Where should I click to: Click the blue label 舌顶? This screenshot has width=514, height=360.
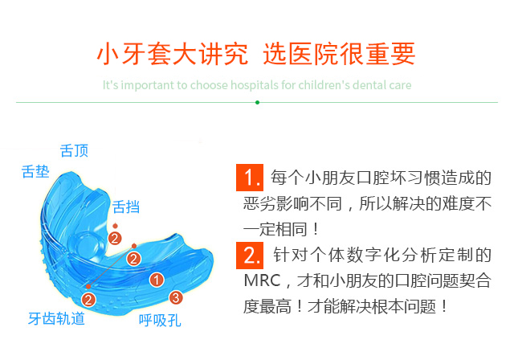coord(74,151)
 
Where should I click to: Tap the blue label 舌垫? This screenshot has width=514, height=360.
coord(35,171)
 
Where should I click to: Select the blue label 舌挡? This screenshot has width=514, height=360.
coord(126,207)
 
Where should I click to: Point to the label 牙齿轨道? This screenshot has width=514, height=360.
coord(56,319)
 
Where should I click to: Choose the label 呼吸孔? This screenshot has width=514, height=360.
coord(160,321)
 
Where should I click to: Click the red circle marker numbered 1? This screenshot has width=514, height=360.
coord(157,280)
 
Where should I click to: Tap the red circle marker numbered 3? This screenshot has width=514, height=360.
coord(176,297)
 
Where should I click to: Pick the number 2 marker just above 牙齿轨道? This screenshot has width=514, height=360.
coord(88,300)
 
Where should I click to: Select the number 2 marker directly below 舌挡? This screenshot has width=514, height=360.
coord(115,239)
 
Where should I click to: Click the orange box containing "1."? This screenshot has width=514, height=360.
coord(250,178)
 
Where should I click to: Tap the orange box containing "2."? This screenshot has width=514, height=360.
coord(250,256)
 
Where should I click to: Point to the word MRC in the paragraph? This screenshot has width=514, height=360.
coord(263,280)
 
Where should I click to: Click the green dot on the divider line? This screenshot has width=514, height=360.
coord(257,102)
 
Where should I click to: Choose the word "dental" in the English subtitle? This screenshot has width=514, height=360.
coord(366,85)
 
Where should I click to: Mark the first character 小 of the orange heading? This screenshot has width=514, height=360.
coord(109,54)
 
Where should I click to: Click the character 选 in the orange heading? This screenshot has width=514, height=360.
coord(275,54)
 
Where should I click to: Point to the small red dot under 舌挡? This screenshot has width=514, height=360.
coord(115,226)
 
